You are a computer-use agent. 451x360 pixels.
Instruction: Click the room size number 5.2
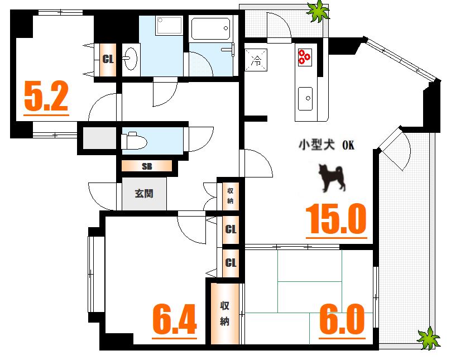pyautogui.click(x=46, y=97)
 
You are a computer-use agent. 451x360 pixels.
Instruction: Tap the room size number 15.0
pyautogui.click(x=335, y=219)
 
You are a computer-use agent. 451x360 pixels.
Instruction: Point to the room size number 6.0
pyautogui.click(x=342, y=319)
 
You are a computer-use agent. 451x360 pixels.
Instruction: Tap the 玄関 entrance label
pyautogui.click(x=143, y=194)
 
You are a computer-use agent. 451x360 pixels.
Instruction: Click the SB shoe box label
pyautogui.click(x=147, y=166)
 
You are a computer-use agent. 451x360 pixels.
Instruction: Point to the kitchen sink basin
pyautogui.click(x=306, y=99)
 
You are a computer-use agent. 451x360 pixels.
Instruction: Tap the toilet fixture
pyautogui.click(x=134, y=140)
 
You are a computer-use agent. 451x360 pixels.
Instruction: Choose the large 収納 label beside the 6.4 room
pyautogui.click(x=225, y=313)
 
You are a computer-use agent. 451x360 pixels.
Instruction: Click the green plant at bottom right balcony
pyautogui.click(x=429, y=337)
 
